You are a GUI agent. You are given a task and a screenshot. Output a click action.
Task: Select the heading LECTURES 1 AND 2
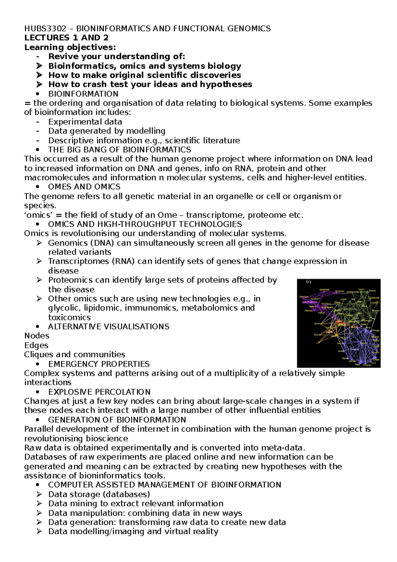(66, 38)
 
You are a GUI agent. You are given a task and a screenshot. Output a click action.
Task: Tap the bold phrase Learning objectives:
(70, 47)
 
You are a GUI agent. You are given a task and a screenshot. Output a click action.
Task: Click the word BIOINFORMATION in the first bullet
(83, 94)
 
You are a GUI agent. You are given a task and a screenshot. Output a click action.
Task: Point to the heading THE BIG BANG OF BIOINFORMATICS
(119, 150)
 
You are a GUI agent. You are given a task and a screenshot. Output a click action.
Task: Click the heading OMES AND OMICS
(84, 187)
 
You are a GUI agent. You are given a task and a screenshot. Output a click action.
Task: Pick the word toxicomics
(69, 317)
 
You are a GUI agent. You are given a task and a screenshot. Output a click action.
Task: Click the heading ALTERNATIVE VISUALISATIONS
(109, 327)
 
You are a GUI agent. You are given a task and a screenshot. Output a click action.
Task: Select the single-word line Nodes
(37, 336)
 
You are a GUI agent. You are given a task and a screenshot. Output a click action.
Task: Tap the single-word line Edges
(36, 345)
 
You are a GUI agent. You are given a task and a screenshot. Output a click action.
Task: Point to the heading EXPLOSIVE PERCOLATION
(99, 392)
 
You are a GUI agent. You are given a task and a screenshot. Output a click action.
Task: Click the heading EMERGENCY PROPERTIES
(99, 364)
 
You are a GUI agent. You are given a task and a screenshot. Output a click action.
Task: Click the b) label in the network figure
(308, 282)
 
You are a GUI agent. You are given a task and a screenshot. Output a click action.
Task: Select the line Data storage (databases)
(99, 494)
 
